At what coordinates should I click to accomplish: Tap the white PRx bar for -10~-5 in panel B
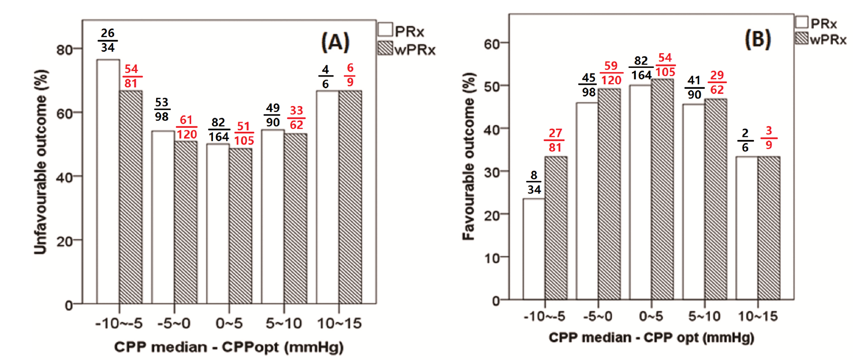tap(533, 248)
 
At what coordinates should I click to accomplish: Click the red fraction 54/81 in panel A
tap(131, 76)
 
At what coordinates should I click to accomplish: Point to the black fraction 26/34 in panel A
tap(108, 41)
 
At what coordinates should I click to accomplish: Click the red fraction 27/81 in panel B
tap(555, 140)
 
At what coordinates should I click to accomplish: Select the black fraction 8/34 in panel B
tap(533, 183)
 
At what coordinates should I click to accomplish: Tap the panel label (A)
tap(335, 42)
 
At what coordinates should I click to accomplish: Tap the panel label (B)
tap(758, 39)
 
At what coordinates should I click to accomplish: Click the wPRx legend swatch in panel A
tap(385, 48)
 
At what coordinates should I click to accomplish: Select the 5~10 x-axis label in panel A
tap(283, 323)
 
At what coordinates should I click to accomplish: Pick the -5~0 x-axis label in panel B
tap(597, 316)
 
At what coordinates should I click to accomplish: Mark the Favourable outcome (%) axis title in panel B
tap(469, 157)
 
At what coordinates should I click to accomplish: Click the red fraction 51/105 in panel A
tap(244, 134)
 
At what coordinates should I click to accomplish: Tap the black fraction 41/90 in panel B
tap(694, 87)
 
